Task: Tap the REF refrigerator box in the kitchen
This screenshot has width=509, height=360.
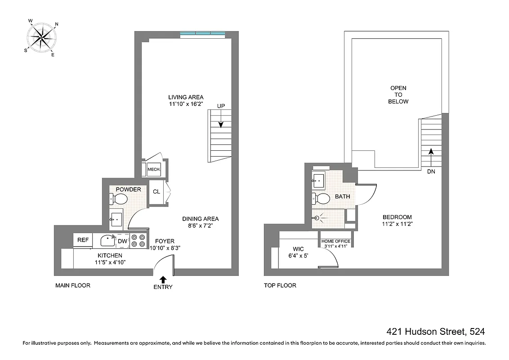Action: tap(83, 240)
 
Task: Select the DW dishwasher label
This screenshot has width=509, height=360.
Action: tap(123, 241)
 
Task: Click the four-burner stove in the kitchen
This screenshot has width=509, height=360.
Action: tap(138, 241)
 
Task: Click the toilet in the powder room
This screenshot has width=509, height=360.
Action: tap(116, 198)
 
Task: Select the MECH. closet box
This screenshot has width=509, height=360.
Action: tap(154, 170)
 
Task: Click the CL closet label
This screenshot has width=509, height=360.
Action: tap(156, 192)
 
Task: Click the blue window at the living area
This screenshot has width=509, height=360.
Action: tap(202, 34)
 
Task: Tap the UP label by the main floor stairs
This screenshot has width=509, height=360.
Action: tap(221, 106)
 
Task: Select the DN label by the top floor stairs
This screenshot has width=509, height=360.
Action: tap(431, 171)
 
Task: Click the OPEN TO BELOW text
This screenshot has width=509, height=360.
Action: tap(398, 95)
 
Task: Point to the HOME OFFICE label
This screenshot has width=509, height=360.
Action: tap(335, 241)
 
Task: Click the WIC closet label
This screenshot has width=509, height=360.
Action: tap(298, 249)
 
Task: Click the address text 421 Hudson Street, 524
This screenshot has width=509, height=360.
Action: tap(436, 332)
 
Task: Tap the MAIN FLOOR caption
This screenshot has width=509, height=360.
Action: tap(73, 285)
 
